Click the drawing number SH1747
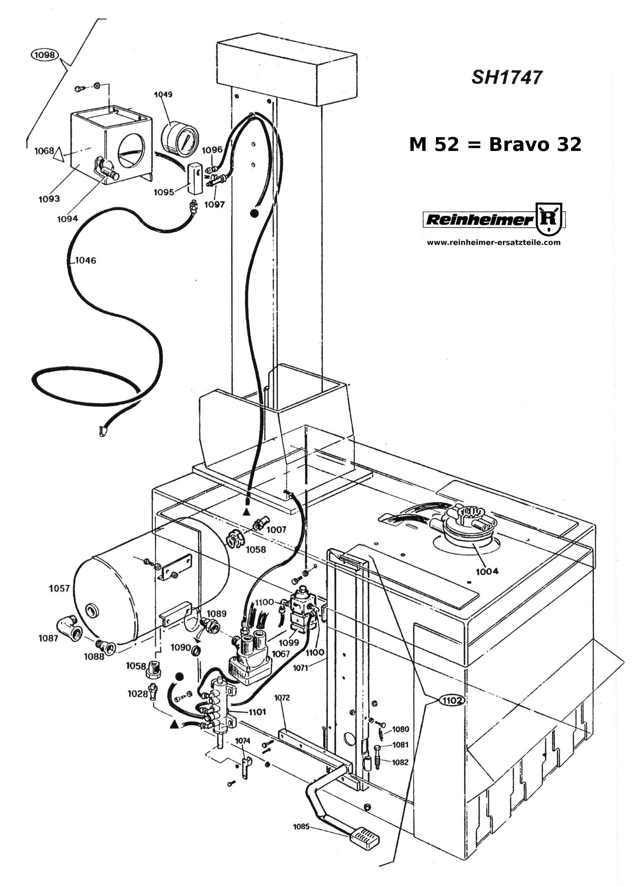click(x=506, y=77)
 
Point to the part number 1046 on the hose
click(x=85, y=260)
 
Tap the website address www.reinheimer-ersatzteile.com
click(x=493, y=242)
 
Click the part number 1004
click(x=487, y=571)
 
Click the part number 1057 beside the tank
click(x=59, y=588)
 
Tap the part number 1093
click(x=49, y=199)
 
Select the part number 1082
click(x=400, y=762)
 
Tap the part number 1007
click(x=276, y=530)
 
